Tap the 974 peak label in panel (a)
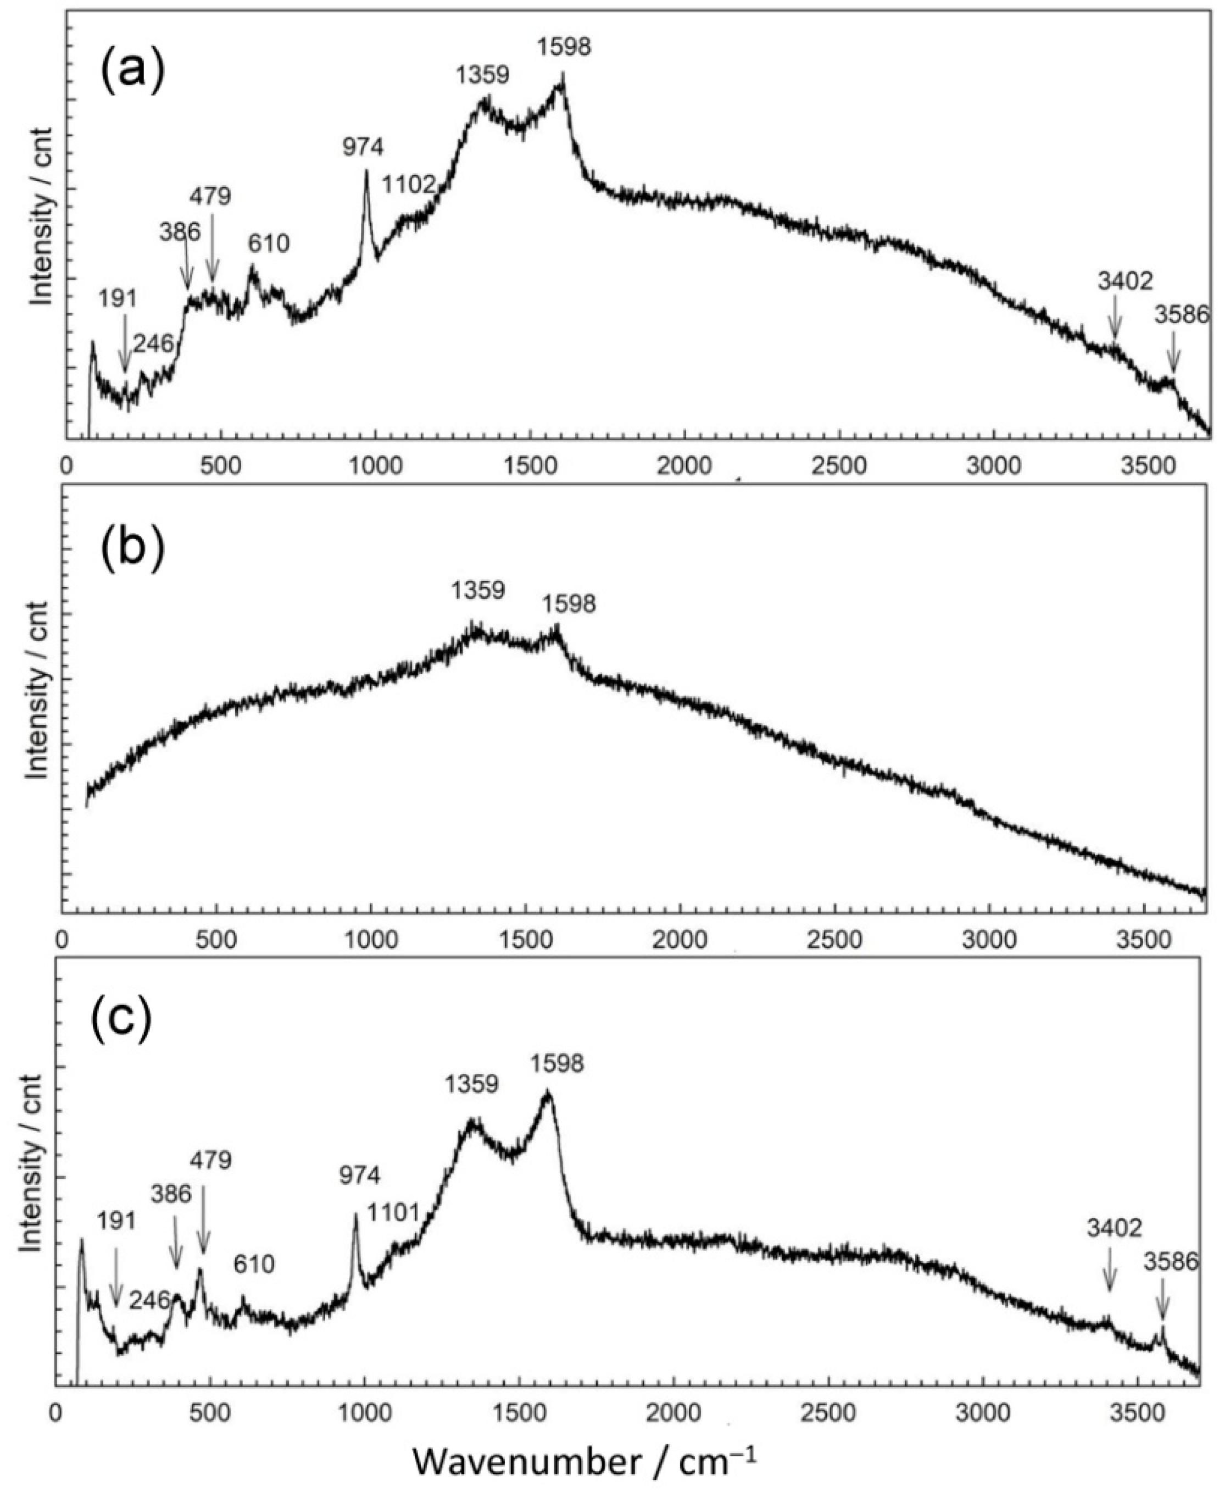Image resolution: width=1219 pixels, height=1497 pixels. point(363,147)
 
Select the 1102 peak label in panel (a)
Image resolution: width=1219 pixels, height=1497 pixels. point(409,185)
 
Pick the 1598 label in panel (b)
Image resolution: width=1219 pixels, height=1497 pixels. point(569,603)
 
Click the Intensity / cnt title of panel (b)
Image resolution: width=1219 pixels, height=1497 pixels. point(40,689)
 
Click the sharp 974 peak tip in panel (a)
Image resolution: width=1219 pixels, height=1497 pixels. point(366,171)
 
